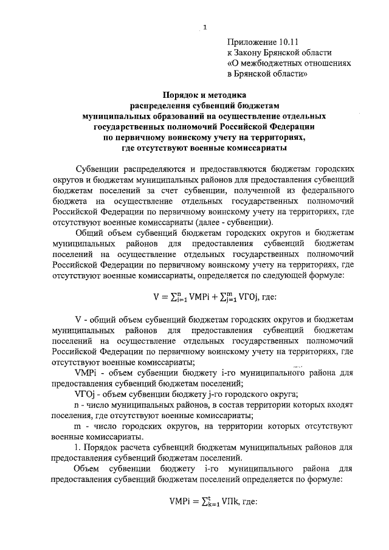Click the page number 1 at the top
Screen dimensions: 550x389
tap(205, 27)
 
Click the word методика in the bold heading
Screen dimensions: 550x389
tap(223, 95)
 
